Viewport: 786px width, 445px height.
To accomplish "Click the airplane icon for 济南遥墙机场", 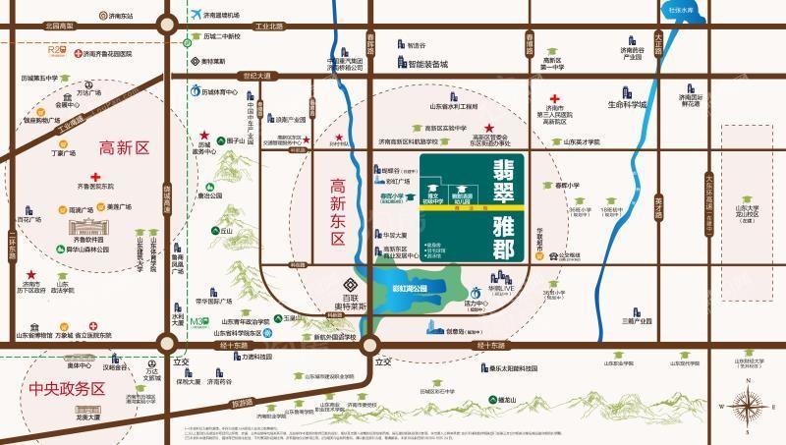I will (196, 14).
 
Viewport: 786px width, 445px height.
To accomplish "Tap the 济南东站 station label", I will (118, 17).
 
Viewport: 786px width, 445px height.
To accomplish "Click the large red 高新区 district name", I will (123, 148).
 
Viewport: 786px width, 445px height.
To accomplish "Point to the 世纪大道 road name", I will (255, 75).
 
